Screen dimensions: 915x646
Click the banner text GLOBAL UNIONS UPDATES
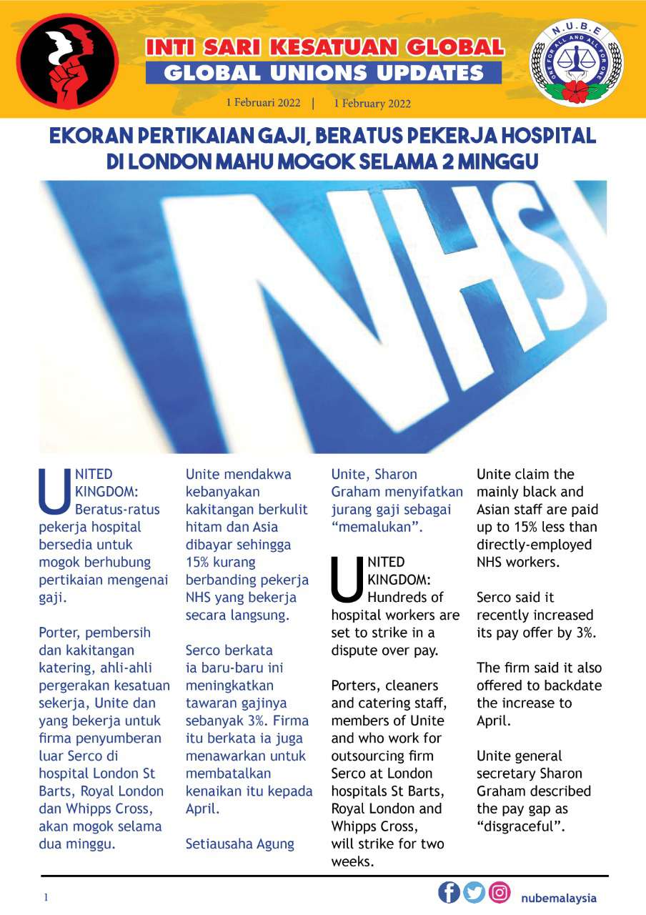tap(324, 73)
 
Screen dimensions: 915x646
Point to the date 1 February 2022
tap(372, 103)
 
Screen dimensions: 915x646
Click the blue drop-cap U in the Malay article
tap(54, 491)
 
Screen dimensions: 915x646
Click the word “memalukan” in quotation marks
tap(377, 528)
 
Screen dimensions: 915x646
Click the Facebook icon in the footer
tap(449, 893)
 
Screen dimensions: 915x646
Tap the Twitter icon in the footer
tap(474, 893)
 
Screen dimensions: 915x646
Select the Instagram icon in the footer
tap(500, 893)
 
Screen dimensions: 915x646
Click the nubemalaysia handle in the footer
tap(559, 898)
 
